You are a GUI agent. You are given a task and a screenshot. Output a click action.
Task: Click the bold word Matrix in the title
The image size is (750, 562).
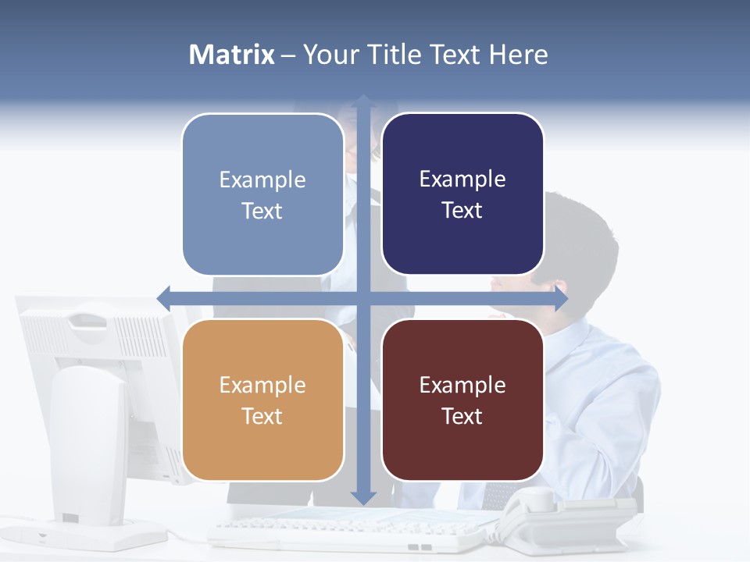click(231, 55)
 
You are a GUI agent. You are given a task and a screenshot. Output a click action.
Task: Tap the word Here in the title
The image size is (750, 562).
click(518, 55)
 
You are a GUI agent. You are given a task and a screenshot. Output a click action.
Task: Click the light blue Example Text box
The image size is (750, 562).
click(262, 194)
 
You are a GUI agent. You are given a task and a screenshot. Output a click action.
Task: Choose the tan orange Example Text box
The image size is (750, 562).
click(262, 400)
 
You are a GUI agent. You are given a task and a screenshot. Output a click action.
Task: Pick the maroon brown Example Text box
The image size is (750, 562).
click(462, 400)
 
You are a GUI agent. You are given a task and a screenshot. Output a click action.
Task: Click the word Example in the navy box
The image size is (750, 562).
click(462, 179)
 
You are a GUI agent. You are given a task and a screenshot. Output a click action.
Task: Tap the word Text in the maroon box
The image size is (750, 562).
click(462, 416)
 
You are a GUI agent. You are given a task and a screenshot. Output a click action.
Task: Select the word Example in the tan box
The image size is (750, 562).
click(262, 385)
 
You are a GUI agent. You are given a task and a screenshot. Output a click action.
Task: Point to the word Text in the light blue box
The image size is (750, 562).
click(262, 211)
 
